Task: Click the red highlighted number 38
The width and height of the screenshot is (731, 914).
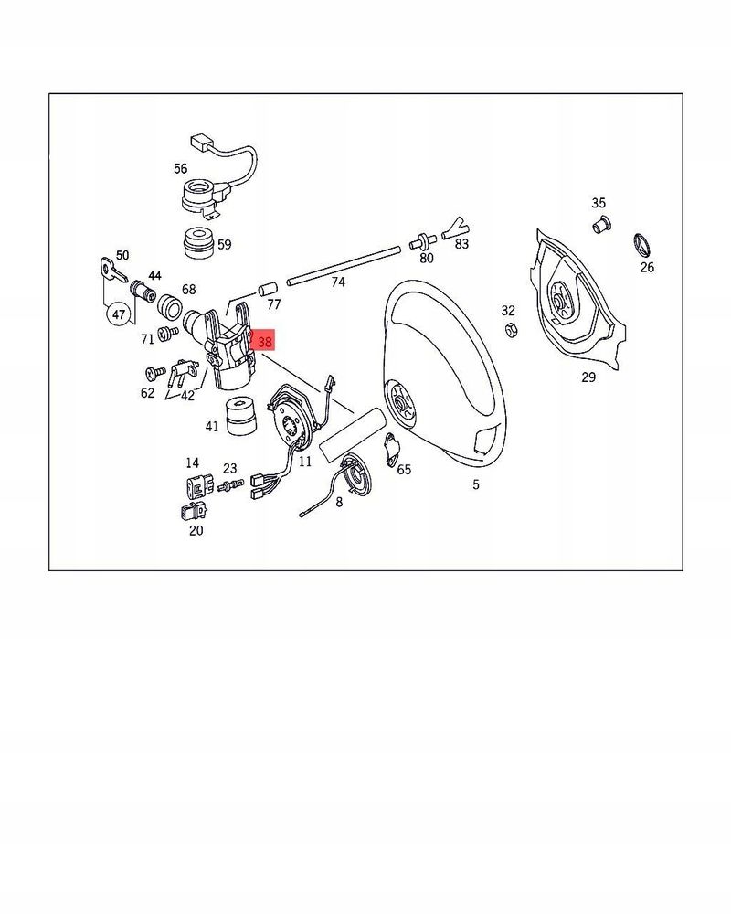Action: [x=262, y=341]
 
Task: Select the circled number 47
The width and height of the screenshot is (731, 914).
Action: [x=119, y=314]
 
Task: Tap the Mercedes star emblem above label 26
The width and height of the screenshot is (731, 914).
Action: [x=642, y=245]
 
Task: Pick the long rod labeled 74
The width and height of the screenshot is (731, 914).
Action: [x=344, y=266]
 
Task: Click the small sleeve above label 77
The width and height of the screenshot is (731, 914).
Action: [x=267, y=290]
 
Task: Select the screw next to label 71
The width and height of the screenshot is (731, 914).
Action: [x=168, y=333]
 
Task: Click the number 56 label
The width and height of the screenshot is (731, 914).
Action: [x=180, y=168]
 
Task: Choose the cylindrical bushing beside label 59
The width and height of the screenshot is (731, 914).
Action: [x=197, y=242]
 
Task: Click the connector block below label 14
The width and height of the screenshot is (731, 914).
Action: [x=196, y=484]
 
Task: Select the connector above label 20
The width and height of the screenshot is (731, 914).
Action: [x=194, y=511]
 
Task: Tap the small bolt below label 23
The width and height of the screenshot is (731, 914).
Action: [x=230, y=484]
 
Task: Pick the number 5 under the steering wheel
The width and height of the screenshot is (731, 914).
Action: [x=476, y=484]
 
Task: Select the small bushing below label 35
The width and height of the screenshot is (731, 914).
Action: [x=601, y=224]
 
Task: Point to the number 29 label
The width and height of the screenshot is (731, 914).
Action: [x=588, y=377]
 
